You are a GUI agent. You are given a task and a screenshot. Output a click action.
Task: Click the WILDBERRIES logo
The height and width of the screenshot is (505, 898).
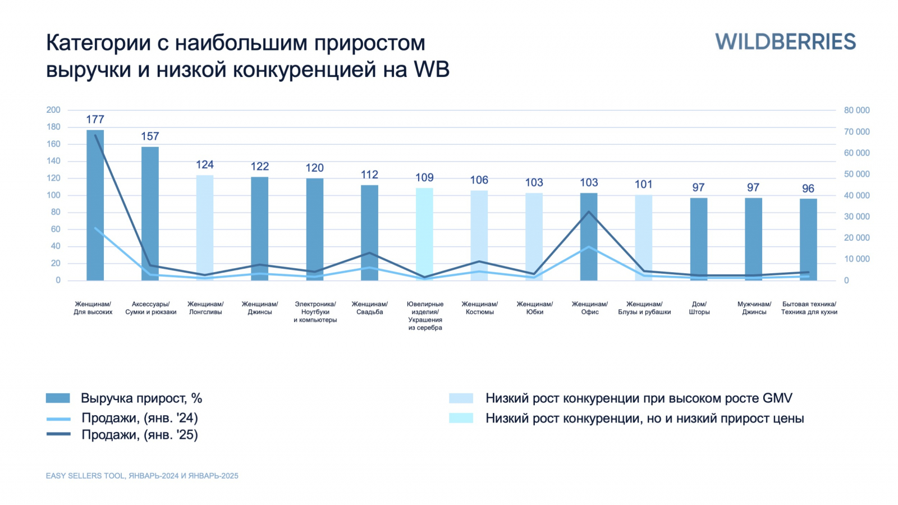pos(785,42)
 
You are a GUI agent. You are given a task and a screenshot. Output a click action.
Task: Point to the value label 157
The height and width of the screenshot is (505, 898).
pos(150,136)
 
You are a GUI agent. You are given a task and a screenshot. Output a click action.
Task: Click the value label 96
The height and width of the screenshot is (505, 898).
pos(808,189)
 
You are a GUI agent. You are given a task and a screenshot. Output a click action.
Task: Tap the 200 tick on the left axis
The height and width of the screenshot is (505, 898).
pos(53,110)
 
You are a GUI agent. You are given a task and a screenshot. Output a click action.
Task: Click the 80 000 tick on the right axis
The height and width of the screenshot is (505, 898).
pos(856,111)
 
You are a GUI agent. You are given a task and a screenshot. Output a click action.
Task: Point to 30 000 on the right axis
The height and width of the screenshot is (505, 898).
pos(856,217)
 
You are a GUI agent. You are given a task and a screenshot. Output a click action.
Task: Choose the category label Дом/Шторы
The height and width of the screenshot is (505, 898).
pos(699,308)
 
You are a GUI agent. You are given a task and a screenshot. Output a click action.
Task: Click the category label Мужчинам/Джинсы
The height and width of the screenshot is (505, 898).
pos(754,308)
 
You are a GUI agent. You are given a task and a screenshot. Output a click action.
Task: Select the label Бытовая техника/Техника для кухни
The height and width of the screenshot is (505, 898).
pos(809,308)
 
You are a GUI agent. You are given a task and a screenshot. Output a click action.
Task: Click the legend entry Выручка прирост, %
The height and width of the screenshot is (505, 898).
pos(141,398)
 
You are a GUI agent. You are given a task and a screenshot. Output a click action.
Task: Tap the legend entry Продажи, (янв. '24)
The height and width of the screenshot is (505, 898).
pos(139,418)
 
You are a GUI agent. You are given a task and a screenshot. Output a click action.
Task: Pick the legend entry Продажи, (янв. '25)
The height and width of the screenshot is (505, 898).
pos(139,435)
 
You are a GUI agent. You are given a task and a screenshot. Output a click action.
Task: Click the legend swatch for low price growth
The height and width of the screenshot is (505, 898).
pos(461,418)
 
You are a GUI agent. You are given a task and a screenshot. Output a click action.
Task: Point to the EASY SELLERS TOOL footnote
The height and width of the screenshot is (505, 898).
pos(142,476)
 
